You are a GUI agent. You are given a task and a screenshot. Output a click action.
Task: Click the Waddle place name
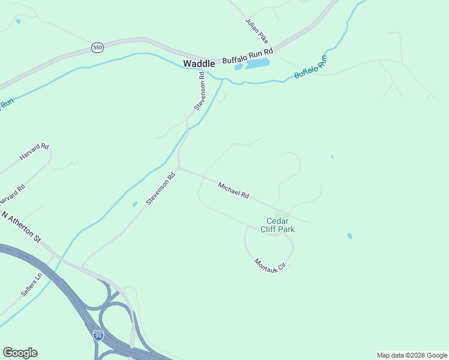tap(199, 63)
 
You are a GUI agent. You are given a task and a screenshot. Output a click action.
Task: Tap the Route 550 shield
tap(97, 47)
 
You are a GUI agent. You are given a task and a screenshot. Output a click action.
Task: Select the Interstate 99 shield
tap(98, 335)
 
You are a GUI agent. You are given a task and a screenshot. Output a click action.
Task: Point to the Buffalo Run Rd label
tap(247, 55)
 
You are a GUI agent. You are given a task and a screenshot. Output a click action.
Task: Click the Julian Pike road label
tap(256, 30)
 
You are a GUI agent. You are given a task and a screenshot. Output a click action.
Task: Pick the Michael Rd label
tap(234, 190)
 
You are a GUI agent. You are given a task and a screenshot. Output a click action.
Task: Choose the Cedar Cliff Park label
tap(277, 224)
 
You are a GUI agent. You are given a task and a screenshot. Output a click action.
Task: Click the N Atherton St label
tap(20, 226)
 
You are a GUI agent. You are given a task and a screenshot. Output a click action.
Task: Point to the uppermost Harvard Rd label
tap(34, 151)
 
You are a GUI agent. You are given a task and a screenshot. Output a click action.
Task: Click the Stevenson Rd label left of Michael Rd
tap(160, 188)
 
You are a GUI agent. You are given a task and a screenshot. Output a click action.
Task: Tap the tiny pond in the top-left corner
tap(18, 21)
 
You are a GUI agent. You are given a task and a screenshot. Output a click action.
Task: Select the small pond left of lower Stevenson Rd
tap(135, 204)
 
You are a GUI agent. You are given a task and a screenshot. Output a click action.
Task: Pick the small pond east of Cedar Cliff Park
tap(349, 236)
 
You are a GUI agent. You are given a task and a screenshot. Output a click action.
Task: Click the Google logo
tap(20, 353)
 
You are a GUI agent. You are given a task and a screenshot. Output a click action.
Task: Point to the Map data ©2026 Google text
tap(412, 355)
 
